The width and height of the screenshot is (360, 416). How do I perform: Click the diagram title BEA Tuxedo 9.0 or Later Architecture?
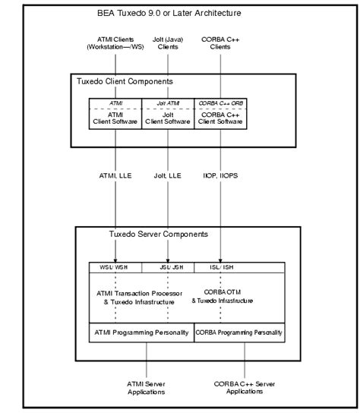[x=179, y=14]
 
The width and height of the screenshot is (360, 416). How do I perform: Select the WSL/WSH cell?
[x=116, y=266]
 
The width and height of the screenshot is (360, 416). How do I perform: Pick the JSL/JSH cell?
[x=168, y=266]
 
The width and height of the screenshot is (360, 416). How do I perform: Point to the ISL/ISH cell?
[x=221, y=266]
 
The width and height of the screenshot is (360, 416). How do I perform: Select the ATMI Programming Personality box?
[x=141, y=332]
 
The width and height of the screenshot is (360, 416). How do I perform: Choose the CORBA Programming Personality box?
[x=239, y=332]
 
